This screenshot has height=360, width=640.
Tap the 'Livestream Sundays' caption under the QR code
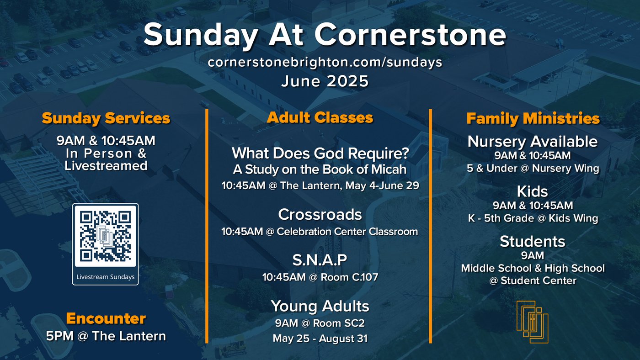(x=106, y=277)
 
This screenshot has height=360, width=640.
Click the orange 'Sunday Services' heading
(x=106, y=118)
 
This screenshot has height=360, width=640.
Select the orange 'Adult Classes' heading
(x=320, y=117)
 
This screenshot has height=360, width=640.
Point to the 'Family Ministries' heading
(x=533, y=118)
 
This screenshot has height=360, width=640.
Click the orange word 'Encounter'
(x=106, y=318)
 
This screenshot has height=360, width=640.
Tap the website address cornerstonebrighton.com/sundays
(x=325, y=62)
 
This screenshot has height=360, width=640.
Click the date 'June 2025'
(x=325, y=81)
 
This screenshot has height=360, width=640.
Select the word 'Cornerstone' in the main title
(x=411, y=35)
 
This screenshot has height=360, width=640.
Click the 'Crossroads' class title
(x=320, y=214)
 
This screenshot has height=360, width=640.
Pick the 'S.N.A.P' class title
(x=320, y=260)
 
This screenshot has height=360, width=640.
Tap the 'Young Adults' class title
(x=320, y=307)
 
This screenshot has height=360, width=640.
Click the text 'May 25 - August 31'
(x=320, y=339)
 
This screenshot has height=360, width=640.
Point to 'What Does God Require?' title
(x=320, y=154)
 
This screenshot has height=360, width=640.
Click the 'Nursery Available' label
(x=533, y=142)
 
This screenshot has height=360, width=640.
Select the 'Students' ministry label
(x=533, y=242)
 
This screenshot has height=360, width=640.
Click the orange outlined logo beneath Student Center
(x=532, y=322)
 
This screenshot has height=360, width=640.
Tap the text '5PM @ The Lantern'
(x=106, y=336)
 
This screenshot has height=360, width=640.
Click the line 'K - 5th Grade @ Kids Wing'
(x=533, y=218)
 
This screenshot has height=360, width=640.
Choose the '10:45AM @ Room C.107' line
(x=320, y=277)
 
